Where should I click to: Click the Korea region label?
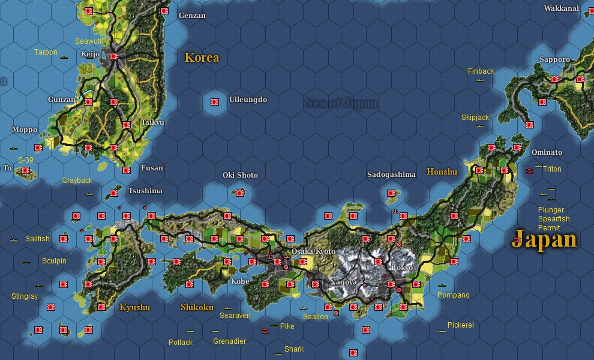click(202, 58)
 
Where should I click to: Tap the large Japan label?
click(544, 239)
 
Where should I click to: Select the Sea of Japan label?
click(341, 103)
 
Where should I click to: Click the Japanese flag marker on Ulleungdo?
click(214, 101)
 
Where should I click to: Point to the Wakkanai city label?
click(562, 8)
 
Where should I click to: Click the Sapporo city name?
click(554, 59)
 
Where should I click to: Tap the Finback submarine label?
click(481, 71)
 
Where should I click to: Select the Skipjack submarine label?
click(475, 118)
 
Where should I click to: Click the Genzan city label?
click(192, 16)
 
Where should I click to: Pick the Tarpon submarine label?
click(46, 52)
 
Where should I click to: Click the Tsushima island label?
click(145, 191)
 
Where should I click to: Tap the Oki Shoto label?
click(240, 175)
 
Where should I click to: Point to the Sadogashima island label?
click(391, 175)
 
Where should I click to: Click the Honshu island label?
click(442, 172)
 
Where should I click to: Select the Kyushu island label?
click(134, 307)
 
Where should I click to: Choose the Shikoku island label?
click(197, 307)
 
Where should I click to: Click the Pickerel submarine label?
click(460, 325)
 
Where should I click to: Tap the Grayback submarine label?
click(77, 181)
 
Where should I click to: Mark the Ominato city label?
click(547, 152)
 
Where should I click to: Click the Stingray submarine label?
click(25, 296)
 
